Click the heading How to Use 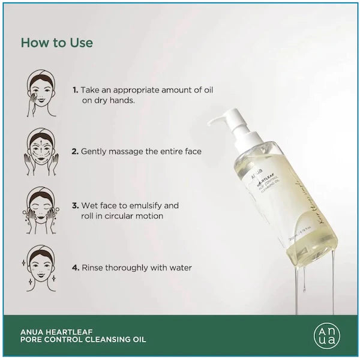point(57,43)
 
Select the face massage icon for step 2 point(41,151)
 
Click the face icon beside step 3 point(41,209)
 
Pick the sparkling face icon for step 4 point(41,267)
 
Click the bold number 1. point(75,90)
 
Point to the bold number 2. point(75,152)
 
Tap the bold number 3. point(75,205)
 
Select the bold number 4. point(75,268)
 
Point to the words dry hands point(114,101)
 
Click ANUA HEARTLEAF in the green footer point(58,330)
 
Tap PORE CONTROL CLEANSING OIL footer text point(83,340)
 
